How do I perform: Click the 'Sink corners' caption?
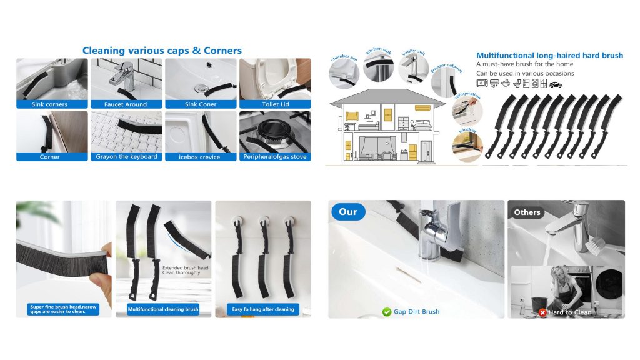(49, 104)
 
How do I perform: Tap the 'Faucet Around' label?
(125, 104)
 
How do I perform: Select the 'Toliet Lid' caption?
(276, 104)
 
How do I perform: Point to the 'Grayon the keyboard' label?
(126, 156)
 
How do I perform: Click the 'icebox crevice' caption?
(199, 157)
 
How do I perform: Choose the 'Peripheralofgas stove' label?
(275, 156)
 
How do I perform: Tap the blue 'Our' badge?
(347, 212)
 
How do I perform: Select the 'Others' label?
(527, 212)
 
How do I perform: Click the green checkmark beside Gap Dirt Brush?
(386, 312)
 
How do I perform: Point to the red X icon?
(542, 312)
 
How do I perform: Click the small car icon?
(556, 84)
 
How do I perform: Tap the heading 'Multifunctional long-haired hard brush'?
(549, 55)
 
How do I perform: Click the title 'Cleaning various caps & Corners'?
(162, 51)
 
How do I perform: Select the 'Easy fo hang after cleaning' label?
(263, 309)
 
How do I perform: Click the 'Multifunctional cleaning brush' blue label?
(163, 309)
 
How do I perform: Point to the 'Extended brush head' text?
(185, 267)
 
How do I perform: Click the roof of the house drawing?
(387, 97)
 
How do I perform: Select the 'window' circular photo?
(467, 146)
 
